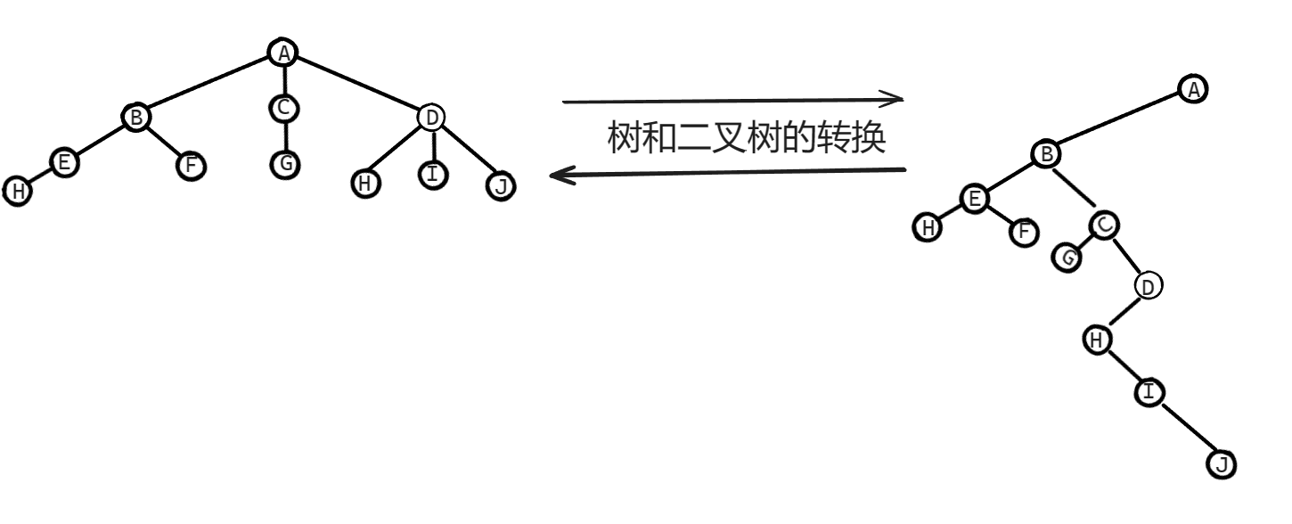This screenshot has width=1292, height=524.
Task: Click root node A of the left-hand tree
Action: tap(283, 53)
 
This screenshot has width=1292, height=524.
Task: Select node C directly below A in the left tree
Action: tap(283, 109)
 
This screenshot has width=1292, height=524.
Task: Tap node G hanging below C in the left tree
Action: tap(283, 164)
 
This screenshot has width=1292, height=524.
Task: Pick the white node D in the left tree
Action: tap(431, 117)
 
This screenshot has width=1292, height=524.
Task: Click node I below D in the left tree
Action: tap(433, 175)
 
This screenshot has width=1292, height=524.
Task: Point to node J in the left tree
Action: tap(501, 186)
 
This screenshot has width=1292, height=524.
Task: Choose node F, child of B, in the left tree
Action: tap(190, 166)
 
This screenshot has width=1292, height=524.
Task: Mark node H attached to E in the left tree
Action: tap(17, 191)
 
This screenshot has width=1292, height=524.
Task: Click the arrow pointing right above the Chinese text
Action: tap(732, 101)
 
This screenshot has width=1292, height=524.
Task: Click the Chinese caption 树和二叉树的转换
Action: tap(746, 138)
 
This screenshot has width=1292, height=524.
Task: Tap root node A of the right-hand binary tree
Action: tap(1193, 88)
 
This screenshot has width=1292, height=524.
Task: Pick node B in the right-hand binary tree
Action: tap(1046, 155)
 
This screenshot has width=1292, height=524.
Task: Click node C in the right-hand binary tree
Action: tap(1104, 225)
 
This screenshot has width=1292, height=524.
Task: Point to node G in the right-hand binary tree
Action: tap(1067, 258)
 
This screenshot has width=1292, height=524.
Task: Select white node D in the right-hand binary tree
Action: tap(1148, 286)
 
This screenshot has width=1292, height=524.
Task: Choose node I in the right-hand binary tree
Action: tap(1149, 392)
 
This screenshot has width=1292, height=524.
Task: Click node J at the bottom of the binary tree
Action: tap(1222, 464)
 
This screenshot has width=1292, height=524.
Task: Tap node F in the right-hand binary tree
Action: tap(1024, 233)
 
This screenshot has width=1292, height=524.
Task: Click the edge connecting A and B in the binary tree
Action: tap(1119, 122)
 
